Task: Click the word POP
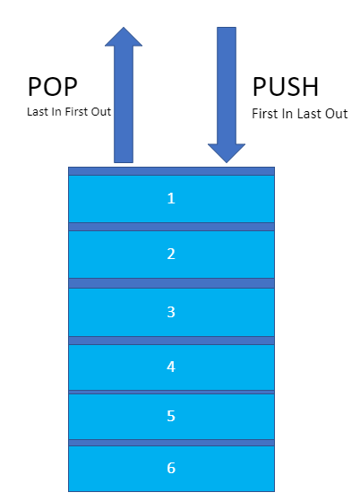coord(53,86)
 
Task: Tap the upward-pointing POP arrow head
coord(124,36)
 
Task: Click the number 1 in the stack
coord(171,198)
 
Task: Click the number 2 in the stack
coord(171,255)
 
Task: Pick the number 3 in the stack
coord(171,312)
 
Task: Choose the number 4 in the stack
coord(171,367)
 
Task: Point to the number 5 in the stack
coord(171,417)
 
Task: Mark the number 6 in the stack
coord(171,468)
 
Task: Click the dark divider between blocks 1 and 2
coord(171,227)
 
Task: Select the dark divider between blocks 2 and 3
coord(171,283)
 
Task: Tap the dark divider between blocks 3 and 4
coord(171,341)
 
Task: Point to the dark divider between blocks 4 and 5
coord(171,392)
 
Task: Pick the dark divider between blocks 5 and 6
coord(171,443)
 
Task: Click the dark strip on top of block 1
coord(171,170)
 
